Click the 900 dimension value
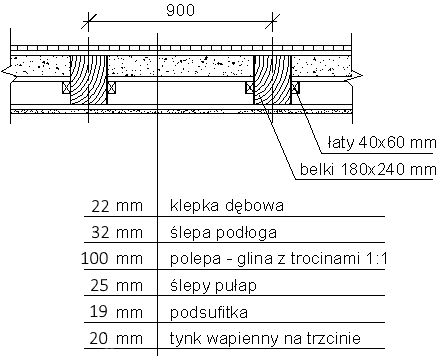tap(180, 10)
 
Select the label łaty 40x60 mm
tap(382, 143)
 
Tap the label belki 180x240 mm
tap(368, 169)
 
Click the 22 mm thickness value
tap(117, 206)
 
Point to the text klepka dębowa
tap(227, 206)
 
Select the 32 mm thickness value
tap(117, 232)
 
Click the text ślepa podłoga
tap(223, 232)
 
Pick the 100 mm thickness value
tap(112, 259)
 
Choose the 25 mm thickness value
tap(117, 285)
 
